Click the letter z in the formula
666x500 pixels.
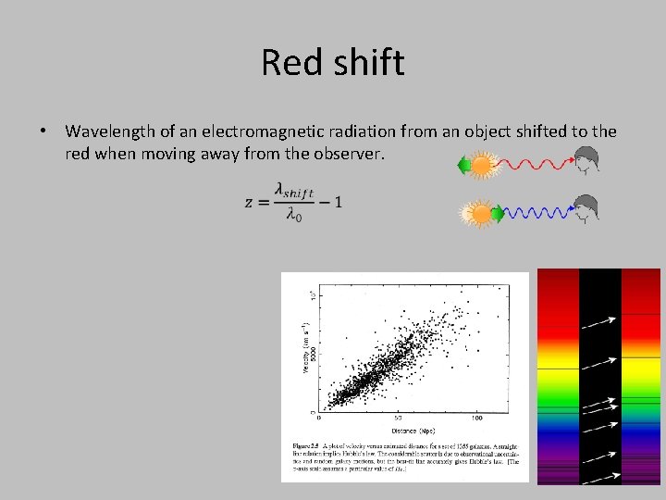pyautogui.click(x=250, y=202)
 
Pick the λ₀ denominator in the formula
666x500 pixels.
pyautogui.click(x=293, y=216)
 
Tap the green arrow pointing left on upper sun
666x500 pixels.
pyautogui.click(x=463, y=167)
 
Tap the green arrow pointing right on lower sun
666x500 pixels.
pyautogui.click(x=499, y=214)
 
